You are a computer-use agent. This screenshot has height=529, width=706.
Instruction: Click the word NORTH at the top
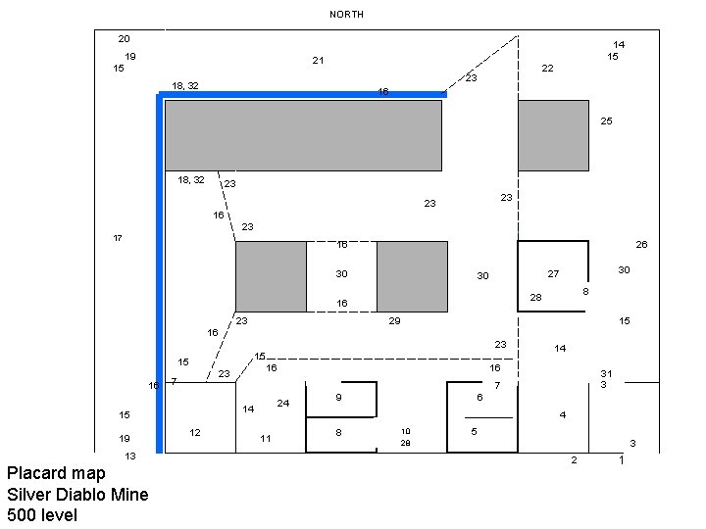pos(346,15)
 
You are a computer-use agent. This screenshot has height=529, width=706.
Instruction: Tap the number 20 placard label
pos(124,39)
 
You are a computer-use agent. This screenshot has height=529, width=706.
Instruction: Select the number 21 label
pos(318,61)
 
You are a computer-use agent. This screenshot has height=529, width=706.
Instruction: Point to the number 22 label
pos(547,69)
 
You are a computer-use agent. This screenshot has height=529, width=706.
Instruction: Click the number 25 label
pos(606,121)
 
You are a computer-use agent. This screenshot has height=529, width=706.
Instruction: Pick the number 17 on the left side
pos(118,238)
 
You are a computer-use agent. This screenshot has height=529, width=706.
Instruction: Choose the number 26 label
pos(641,244)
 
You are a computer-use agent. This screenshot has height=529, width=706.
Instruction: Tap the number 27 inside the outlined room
pos(553,274)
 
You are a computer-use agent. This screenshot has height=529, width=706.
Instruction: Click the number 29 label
pos(394,320)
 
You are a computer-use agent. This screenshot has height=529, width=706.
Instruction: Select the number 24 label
pos(282,404)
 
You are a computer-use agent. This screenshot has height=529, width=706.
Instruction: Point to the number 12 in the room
pos(195,432)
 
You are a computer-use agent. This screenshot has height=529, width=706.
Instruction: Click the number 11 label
pos(265,438)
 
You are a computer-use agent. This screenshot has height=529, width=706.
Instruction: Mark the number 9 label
pos(338,397)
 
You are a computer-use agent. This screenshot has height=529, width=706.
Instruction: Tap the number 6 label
pos(479,397)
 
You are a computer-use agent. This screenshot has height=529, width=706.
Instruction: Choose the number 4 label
pos(562,414)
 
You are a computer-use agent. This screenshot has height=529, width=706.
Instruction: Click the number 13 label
pos(129,456)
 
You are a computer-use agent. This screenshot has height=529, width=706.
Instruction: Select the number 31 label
pos(606,373)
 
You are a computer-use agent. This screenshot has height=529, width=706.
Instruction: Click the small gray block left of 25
pos(553,135)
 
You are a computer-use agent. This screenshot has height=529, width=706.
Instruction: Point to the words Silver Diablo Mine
pos(77,495)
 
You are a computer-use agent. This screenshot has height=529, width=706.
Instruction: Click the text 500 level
pos(41,515)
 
